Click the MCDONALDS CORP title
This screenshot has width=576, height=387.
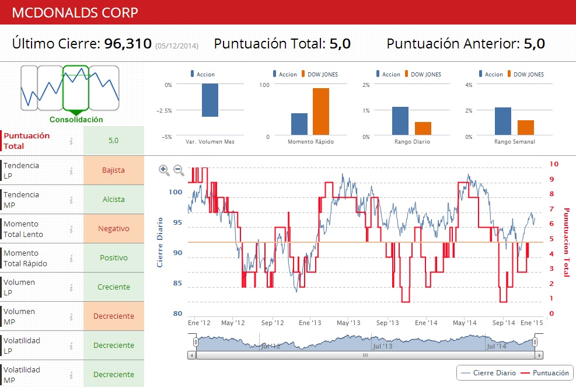[75, 12]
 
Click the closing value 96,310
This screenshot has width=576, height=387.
[128, 44]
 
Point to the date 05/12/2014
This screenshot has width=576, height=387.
[177, 46]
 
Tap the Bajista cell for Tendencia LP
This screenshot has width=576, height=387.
[113, 170]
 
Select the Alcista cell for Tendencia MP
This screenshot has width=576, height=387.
[113, 200]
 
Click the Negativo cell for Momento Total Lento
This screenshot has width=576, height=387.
[113, 229]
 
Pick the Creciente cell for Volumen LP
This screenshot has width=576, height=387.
[113, 287]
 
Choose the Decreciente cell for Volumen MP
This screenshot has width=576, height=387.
[113, 316]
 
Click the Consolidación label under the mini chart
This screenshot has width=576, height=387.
[76, 120]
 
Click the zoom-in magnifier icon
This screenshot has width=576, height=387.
[164, 170]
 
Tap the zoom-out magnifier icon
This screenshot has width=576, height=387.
[179, 170]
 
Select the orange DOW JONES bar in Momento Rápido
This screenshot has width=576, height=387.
[320, 111]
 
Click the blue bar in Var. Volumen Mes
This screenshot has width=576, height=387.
[210, 100]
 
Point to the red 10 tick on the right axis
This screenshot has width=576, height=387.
[554, 165]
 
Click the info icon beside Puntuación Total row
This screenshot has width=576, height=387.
[71, 141]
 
